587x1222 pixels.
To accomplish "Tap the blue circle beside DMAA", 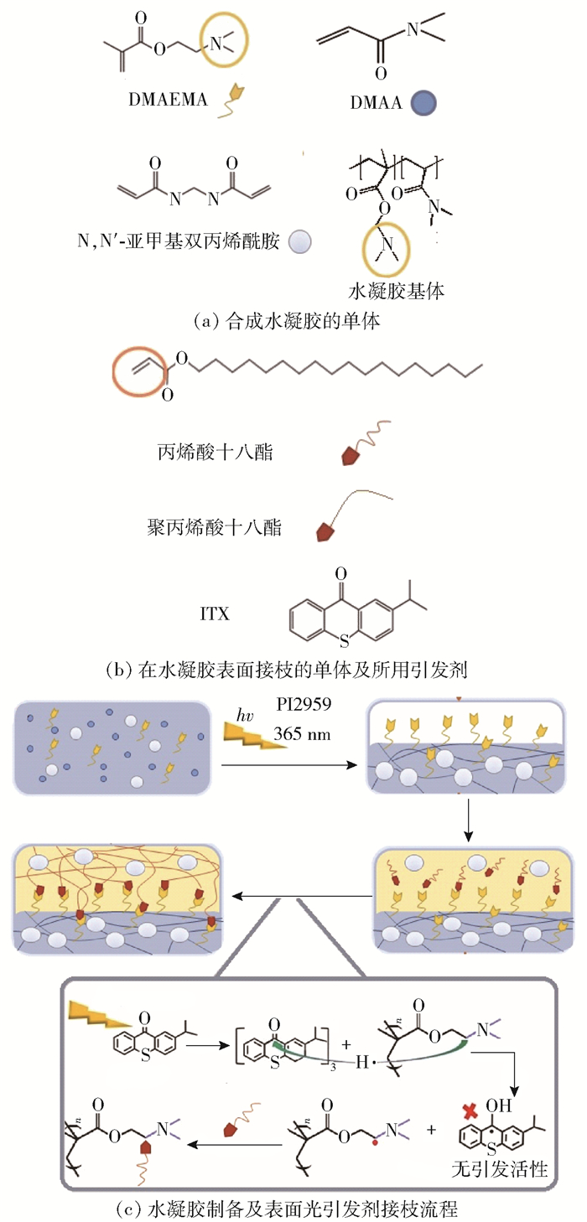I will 426,103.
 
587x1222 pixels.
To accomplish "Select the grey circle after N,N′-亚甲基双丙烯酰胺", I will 299,242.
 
